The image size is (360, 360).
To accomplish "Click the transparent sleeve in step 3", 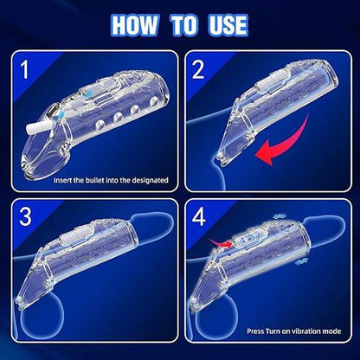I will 100,260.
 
